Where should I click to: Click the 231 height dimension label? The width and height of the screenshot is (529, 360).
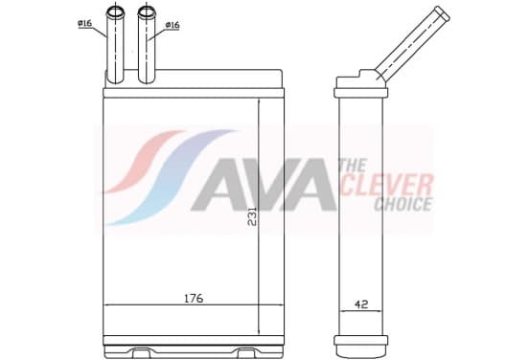[252, 216]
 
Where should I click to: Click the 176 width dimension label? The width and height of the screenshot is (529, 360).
[194, 298]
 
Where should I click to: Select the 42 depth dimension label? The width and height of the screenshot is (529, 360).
[361, 304]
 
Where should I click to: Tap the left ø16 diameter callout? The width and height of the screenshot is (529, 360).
[84, 24]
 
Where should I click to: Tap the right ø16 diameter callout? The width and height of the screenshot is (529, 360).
[172, 25]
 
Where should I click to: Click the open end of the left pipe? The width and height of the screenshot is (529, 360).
[115, 12]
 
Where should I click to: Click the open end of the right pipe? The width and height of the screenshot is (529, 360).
[147, 12]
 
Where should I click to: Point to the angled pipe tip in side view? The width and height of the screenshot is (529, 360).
[442, 13]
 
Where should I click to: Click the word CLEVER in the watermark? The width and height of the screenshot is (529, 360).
[387, 185]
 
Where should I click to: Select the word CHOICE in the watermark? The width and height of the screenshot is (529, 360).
[403, 204]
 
